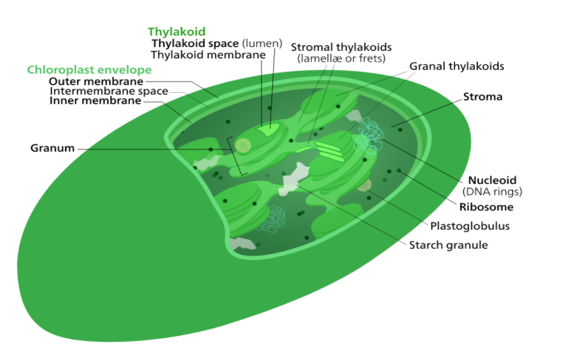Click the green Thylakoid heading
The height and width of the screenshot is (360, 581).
tap(176, 31)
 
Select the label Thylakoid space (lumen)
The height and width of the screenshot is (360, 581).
tap(216, 43)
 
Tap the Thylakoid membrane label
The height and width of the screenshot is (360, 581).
tap(207, 55)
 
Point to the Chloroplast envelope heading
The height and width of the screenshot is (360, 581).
tap(89, 69)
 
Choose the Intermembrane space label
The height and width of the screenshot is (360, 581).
tap(108, 91)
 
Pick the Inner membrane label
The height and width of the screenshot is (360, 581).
tap(95, 100)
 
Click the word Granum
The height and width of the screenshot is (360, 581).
tap(52, 148)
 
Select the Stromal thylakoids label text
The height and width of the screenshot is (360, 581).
tap(341, 48)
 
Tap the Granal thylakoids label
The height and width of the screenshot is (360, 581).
tap(456, 66)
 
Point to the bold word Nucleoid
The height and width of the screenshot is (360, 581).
tap(492, 180)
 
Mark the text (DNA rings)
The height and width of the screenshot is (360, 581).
tap(492, 191)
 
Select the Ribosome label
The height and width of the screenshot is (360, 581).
tap(486, 207)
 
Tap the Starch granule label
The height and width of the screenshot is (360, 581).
tap(448, 245)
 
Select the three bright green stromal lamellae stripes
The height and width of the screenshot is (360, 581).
tap(328, 151)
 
